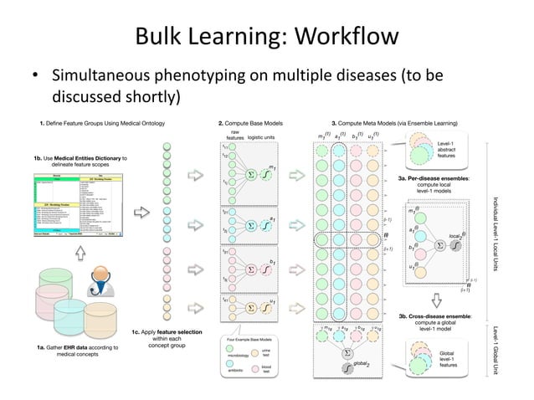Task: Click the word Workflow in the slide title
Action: tap(340, 38)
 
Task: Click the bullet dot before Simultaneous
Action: tap(36, 78)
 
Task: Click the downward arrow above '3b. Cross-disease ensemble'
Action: tap(436, 300)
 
